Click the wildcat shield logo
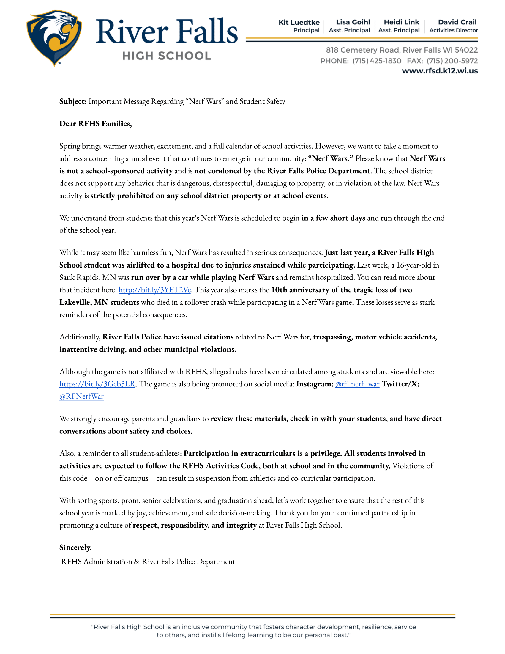54,37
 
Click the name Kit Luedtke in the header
299,23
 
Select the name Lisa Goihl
353,22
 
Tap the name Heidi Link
402,22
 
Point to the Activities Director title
453,30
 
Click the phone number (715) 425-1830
376,61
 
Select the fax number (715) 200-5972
452,61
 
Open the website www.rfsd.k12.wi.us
439,71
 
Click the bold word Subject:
73,101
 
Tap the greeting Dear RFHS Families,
95,124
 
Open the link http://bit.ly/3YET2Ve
155,290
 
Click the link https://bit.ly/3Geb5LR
97,384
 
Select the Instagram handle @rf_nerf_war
357,384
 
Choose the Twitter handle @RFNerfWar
81,397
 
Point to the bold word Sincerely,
75,547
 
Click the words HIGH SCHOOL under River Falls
167,56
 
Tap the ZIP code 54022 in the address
466,50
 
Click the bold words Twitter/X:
401,384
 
